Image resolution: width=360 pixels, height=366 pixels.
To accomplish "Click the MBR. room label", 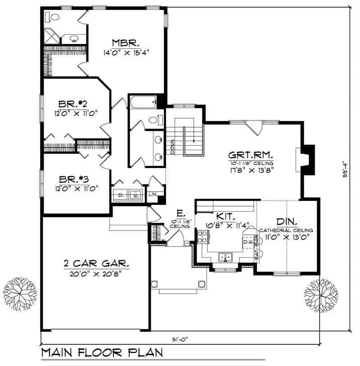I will [121, 43].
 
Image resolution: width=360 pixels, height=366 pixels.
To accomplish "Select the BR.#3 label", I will [74, 178].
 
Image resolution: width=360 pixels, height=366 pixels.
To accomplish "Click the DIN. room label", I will [286, 222].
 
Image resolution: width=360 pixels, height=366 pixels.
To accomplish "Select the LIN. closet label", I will [153, 195].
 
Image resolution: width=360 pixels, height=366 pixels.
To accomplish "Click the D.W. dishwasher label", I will [248, 242].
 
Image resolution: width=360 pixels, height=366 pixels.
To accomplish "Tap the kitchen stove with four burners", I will [202, 235].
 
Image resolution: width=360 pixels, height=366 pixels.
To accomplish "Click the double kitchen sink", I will [225, 257].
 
